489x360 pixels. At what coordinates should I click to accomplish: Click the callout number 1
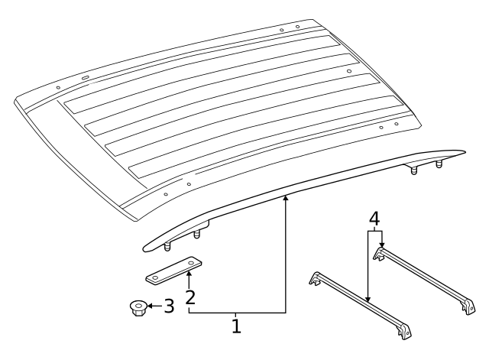tap(236, 326)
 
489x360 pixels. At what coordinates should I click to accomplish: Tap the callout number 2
tap(189, 296)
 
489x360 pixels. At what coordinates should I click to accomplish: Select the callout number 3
tap(170, 307)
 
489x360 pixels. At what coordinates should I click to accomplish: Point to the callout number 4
tap(374, 218)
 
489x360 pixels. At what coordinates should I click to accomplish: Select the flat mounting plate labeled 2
tap(172, 269)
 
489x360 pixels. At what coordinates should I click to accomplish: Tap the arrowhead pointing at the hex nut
tap(147, 307)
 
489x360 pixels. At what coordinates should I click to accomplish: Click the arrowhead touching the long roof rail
tap(286, 199)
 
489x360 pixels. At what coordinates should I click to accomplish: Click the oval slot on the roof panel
tap(83, 78)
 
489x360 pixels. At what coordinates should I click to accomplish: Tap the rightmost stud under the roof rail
tap(439, 164)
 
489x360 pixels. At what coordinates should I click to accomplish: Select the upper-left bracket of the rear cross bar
tap(378, 253)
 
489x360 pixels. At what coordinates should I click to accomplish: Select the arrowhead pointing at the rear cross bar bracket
tap(381, 245)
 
